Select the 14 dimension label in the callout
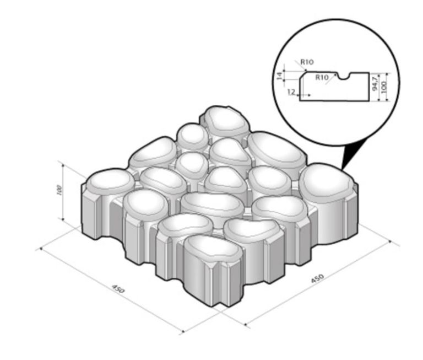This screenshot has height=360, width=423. [x=280, y=76]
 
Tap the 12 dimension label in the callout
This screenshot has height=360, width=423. [x=291, y=92]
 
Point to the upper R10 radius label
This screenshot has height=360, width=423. [x=307, y=62]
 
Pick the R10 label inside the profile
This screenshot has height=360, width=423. [x=322, y=78]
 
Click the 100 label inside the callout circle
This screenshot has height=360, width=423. [x=383, y=87]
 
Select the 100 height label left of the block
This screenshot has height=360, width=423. [x=59, y=190]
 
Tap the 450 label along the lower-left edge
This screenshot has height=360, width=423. [x=118, y=289]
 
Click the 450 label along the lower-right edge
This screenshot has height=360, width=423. [x=317, y=278]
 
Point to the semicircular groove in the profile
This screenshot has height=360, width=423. [x=344, y=77]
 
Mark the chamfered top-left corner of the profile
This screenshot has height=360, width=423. [x=302, y=75]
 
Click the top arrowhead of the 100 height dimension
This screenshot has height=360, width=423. [x=63, y=165]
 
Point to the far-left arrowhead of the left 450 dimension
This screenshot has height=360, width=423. [x=41, y=249]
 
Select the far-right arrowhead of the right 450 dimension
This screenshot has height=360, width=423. [x=389, y=241]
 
